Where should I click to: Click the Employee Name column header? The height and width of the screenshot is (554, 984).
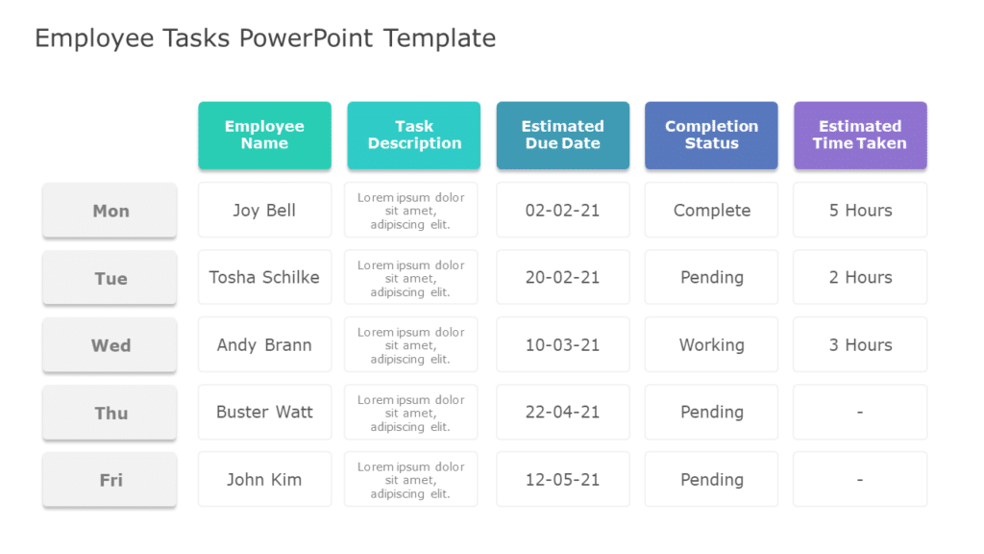(x=264, y=135)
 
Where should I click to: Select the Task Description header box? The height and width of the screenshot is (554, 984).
(x=413, y=135)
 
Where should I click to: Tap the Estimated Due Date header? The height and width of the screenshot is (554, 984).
(x=562, y=135)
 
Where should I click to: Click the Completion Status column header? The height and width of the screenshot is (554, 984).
(x=711, y=135)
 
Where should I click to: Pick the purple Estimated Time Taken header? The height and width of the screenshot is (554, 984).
(x=860, y=135)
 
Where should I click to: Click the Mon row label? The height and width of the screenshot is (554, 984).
(x=110, y=211)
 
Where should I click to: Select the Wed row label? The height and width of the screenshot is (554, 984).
(x=110, y=345)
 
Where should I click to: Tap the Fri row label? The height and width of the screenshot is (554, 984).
(x=110, y=480)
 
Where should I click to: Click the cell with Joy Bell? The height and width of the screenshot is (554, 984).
(x=264, y=210)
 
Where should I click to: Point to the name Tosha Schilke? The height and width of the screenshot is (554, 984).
(x=264, y=277)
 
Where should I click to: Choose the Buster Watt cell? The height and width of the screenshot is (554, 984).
(x=264, y=412)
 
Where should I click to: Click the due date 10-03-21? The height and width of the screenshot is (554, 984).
(x=562, y=344)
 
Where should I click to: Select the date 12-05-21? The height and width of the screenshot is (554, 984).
(x=562, y=479)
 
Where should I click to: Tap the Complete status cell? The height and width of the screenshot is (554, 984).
(x=711, y=210)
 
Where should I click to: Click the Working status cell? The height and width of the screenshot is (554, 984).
(x=711, y=344)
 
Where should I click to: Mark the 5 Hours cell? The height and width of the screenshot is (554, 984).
(x=860, y=210)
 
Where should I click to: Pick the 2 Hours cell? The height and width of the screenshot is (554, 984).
(x=860, y=277)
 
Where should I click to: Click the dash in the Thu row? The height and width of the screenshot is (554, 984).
(x=860, y=412)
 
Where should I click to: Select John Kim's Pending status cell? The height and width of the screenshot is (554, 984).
(x=711, y=479)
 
